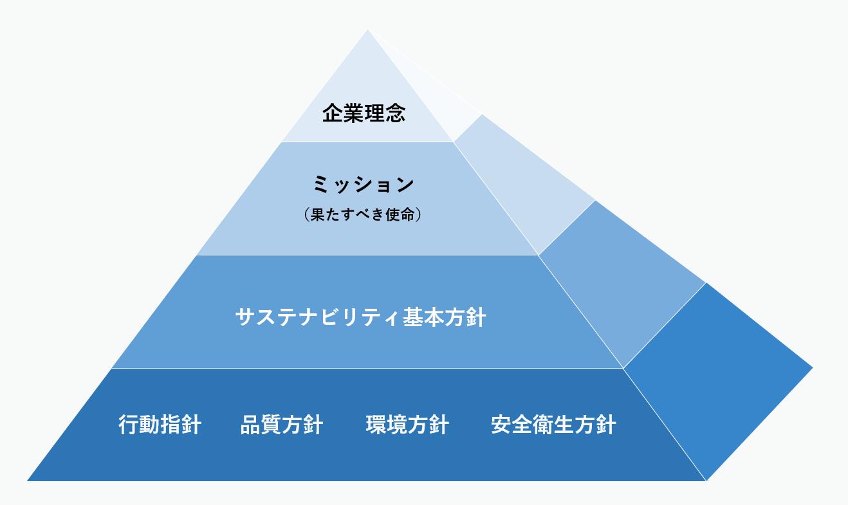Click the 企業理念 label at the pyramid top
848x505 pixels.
click(364, 113)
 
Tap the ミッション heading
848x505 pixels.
click(364, 185)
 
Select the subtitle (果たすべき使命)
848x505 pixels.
click(363, 215)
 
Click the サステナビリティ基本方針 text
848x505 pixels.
click(361, 317)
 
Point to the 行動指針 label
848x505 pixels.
click(160, 425)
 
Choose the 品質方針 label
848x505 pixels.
click(282, 425)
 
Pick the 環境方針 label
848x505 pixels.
click(407, 425)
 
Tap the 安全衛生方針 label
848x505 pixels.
click(553, 425)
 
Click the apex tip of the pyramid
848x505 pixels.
click(367, 30)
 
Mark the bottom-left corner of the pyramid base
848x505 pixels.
click(27, 481)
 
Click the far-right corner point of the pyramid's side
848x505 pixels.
click(813, 367)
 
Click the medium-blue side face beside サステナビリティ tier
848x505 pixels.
click(621, 284)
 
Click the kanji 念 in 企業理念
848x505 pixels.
click(395, 113)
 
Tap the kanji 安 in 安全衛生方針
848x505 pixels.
click(501, 425)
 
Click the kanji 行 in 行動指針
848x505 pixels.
click(129, 425)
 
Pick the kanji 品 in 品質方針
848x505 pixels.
click(251, 425)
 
